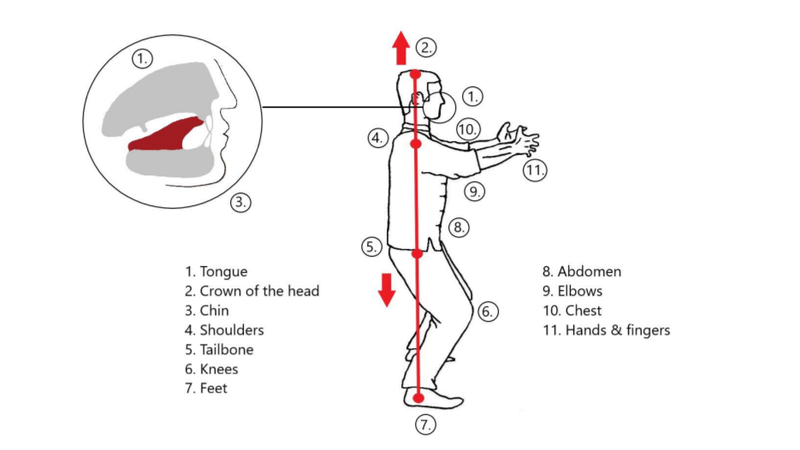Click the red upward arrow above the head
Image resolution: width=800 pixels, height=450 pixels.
[x=401, y=48]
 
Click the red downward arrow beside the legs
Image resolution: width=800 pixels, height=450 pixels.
[x=387, y=290]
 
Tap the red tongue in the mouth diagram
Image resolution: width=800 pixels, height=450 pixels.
[x=166, y=134]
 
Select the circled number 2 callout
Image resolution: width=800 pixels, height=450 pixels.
[x=426, y=47]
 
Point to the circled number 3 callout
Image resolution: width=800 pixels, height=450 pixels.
[x=240, y=203]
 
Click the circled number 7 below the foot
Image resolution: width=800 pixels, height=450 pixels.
[x=425, y=424]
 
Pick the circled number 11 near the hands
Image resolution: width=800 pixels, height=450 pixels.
[x=535, y=170]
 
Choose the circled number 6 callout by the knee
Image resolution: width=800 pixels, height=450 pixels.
[x=488, y=311]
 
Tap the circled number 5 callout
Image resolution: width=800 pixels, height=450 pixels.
[x=372, y=247]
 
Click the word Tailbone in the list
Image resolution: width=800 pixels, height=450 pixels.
[x=227, y=350]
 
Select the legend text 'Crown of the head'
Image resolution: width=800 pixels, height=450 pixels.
[x=259, y=291]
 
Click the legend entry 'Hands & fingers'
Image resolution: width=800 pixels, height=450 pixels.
[x=618, y=330]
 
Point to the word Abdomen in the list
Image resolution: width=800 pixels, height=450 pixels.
[x=590, y=271]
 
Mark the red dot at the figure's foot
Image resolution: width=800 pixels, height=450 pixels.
[x=418, y=398]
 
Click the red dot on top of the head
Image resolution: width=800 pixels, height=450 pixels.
[x=415, y=74]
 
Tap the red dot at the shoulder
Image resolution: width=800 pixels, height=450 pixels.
[x=416, y=145]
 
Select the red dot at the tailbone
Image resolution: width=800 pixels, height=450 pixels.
[x=418, y=253]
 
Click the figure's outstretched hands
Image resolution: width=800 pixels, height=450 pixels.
[x=518, y=138]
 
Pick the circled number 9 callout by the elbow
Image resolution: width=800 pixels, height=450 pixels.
[x=475, y=192]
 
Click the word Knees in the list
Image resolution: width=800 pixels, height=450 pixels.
[x=219, y=369]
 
